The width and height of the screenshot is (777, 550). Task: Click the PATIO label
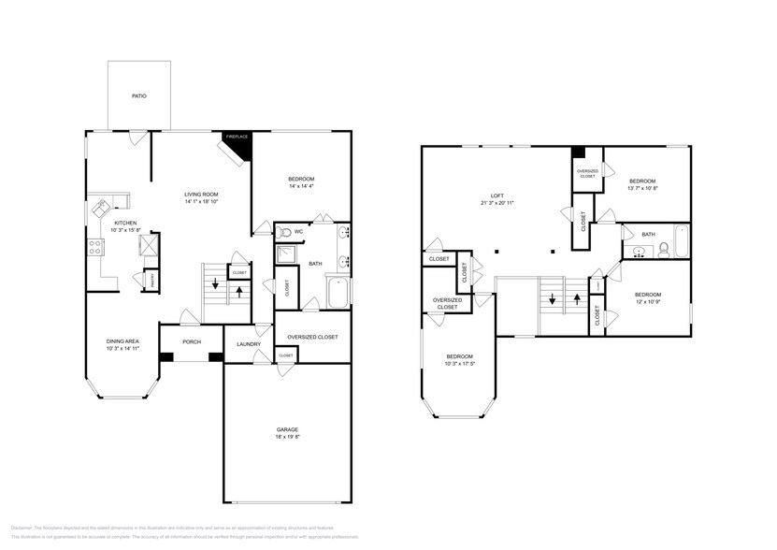pos(138,95)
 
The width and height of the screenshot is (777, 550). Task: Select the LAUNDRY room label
pos(249,343)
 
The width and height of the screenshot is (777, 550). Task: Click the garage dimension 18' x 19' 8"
pos(287,436)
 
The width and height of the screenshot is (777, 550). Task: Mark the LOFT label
pos(497,195)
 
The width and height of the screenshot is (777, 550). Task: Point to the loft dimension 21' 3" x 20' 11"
pos(497,203)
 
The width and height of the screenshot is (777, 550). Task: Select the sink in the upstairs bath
pos(640,251)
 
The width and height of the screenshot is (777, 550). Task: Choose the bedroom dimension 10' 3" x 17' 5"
pos(459,363)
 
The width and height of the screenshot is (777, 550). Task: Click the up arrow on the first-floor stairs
pos(239,290)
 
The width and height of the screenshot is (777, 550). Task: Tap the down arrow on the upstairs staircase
pos(553,300)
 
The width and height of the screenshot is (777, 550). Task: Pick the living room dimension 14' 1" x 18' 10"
pos(201,201)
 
